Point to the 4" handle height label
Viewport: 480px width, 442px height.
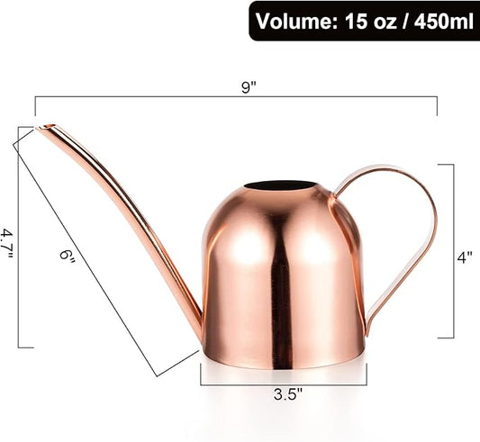point(465,257)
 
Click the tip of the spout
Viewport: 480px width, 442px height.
point(41,129)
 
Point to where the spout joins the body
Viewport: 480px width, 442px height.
point(201,329)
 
